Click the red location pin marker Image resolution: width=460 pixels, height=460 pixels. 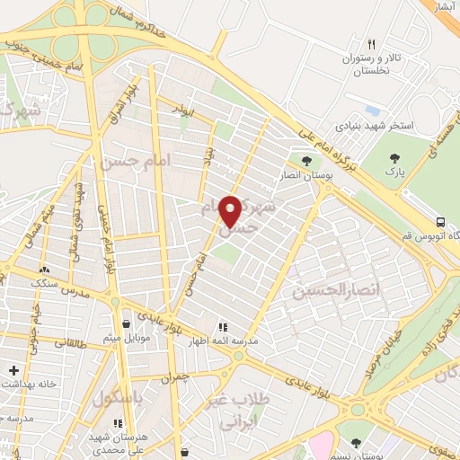[231, 210]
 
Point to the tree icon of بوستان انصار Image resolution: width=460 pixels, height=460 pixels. [306, 162]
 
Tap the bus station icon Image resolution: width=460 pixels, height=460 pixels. [440, 222]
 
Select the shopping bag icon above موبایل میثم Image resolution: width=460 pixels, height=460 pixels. [125, 324]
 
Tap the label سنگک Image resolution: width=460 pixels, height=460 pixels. [43, 282]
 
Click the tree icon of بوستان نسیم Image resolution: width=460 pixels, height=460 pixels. [357, 443]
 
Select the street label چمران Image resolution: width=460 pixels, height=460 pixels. [179, 380]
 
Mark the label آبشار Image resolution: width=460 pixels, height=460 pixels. [447, 6]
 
